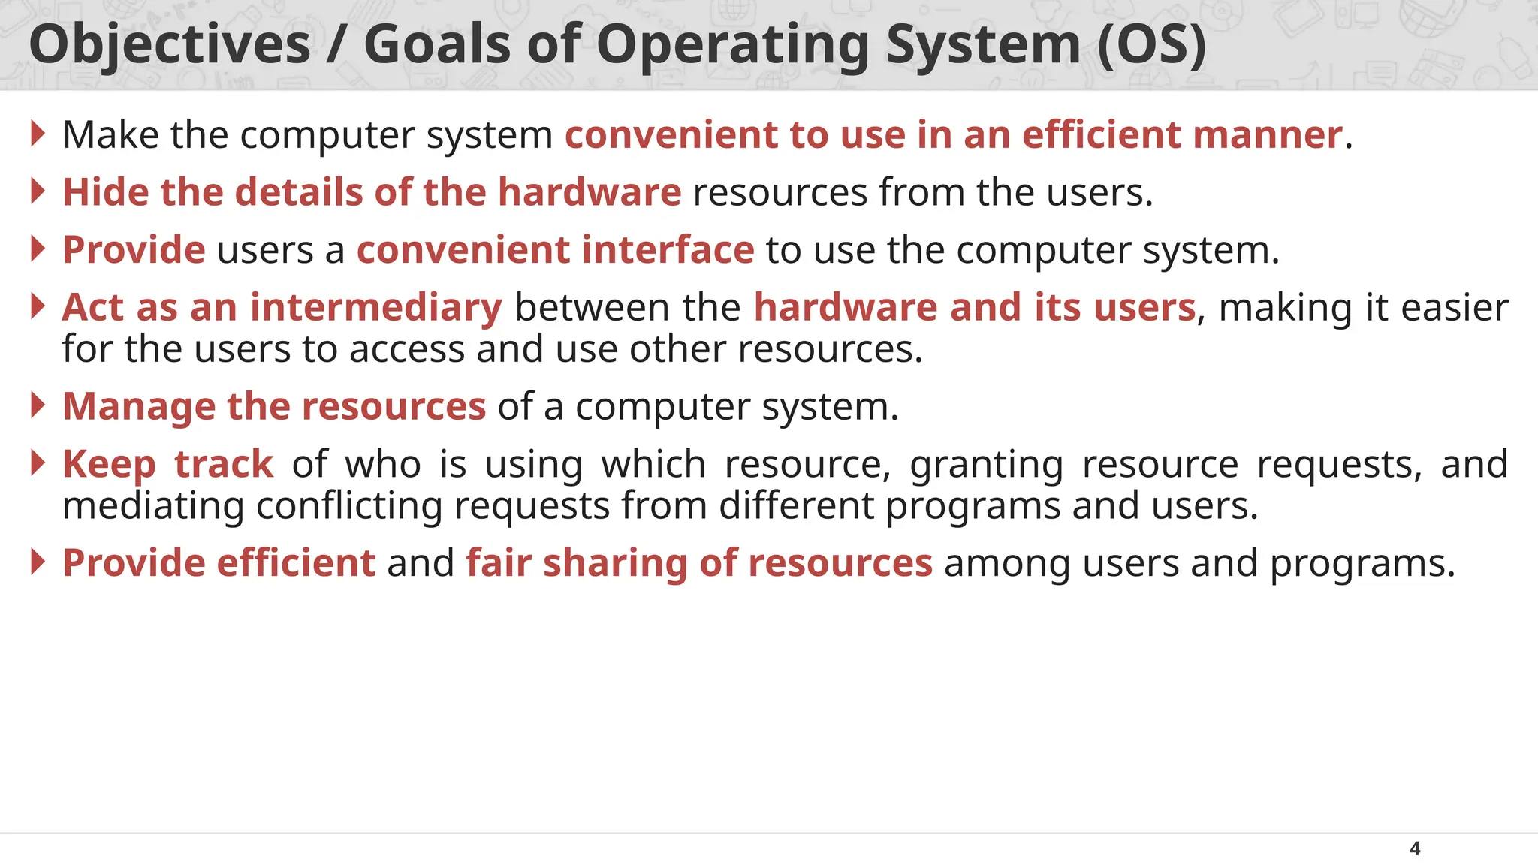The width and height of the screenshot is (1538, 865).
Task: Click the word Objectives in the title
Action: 170,45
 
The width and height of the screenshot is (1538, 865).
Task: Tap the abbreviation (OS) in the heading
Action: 1151,45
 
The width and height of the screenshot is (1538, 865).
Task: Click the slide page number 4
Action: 1415,848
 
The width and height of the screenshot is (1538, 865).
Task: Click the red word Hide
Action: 105,192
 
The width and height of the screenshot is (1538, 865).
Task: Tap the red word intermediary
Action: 375,307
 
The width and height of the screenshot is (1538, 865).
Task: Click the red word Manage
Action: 139,407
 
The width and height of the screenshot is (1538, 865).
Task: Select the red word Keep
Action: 109,465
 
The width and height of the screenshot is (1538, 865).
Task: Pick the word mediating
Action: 153,506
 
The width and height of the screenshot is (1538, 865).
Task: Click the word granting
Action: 986,465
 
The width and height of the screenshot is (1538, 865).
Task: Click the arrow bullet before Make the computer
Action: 38,134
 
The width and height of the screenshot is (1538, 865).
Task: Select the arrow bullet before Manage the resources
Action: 38,405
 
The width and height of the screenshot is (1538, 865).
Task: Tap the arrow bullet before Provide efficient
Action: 38,562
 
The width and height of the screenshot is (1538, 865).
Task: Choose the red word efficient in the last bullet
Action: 296,563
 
